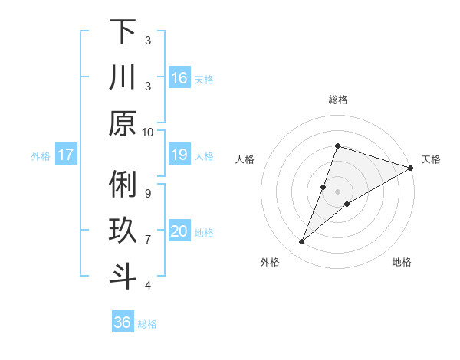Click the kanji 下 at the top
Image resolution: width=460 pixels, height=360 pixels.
click(x=123, y=32)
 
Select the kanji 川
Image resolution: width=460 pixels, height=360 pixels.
click(x=123, y=78)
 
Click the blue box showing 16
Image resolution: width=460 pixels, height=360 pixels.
click(x=179, y=78)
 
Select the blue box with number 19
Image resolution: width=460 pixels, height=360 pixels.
click(x=179, y=155)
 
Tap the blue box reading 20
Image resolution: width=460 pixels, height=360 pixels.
click(x=179, y=232)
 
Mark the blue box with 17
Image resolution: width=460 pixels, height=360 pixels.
click(x=66, y=155)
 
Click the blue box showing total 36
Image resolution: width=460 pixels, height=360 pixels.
click(x=122, y=322)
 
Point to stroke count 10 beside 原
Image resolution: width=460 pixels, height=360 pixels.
click(x=148, y=133)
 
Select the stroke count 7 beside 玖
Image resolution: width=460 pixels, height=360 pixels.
click(x=148, y=240)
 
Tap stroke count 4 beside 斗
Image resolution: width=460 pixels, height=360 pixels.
click(x=148, y=286)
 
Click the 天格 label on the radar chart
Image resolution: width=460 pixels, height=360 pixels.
click(x=431, y=160)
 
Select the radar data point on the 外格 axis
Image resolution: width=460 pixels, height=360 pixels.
click(x=302, y=242)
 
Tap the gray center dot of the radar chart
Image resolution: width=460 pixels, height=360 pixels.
click(x=338, y=191)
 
